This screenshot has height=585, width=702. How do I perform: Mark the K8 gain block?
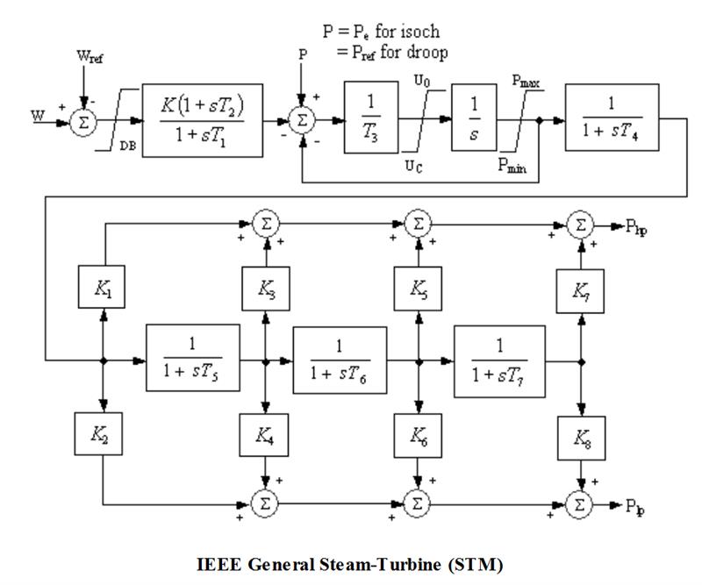click(579, 438)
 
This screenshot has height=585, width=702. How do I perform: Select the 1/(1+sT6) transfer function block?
click(340, 360)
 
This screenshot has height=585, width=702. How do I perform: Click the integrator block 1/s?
click(476, 118)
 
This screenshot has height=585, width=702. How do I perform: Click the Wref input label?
click(85, 58)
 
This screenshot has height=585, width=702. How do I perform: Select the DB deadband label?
click(126, 148)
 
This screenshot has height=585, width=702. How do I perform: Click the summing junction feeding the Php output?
click(579, 225)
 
